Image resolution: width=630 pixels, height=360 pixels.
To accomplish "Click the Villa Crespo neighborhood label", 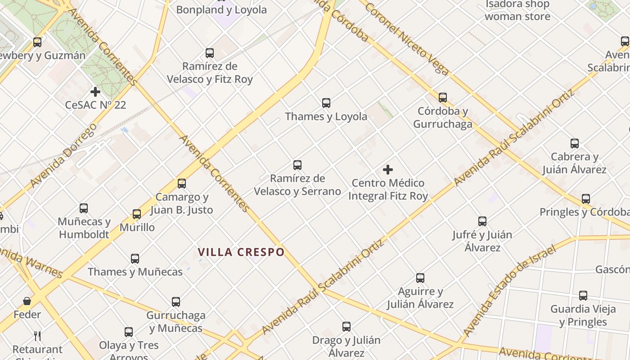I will (241, 252).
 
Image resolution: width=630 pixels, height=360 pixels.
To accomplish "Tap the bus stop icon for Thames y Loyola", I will (326, 103).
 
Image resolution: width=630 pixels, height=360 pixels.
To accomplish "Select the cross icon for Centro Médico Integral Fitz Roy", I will (388, 170).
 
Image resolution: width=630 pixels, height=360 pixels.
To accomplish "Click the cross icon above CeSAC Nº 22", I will (95, 92).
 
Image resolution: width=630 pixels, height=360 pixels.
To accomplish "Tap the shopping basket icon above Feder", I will (27, 301).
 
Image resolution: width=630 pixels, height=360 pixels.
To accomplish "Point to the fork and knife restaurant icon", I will (37, 336).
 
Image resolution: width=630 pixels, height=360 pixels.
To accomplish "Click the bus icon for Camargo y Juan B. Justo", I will (182, 184).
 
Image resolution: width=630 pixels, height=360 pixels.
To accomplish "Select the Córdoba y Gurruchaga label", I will (443, 117).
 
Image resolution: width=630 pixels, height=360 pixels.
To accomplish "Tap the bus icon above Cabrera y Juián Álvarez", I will (575, 144).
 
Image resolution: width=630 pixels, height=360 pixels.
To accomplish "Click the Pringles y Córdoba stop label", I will (585, 212).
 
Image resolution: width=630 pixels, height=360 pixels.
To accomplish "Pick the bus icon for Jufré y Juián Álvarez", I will (482, 221).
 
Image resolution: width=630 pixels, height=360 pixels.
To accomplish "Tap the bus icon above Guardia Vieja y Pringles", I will (583, 296).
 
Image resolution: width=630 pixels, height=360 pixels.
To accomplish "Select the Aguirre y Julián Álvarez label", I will (420, 298).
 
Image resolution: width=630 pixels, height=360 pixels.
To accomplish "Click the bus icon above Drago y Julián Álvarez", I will (346, 327).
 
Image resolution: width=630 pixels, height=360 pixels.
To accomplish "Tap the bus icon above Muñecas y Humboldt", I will (84, 208).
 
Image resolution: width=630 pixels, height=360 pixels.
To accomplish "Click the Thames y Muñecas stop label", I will (135, 272).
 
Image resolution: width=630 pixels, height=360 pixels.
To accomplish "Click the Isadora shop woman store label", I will (517, 11).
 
